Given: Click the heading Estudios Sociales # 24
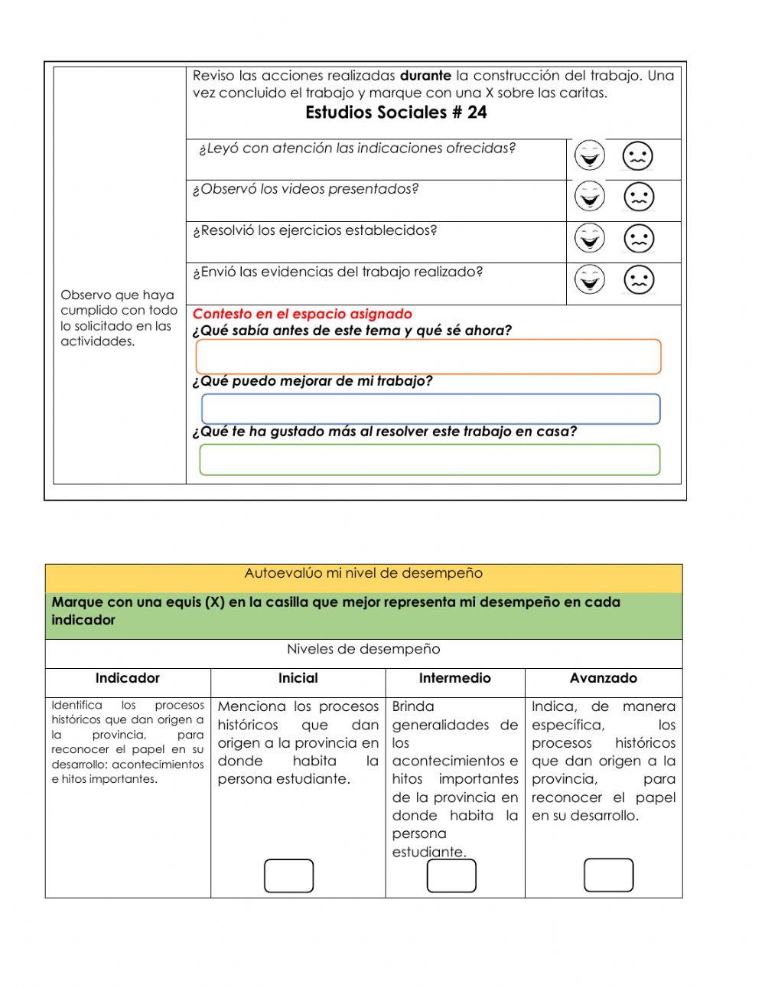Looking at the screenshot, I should pos(396,112).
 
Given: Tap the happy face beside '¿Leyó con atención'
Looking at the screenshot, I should pos(589,155).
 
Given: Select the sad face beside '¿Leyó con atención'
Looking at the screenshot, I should pos(638,156).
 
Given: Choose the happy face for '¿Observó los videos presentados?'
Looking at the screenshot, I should pos(589,197).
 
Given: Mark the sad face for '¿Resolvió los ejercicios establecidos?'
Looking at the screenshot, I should pos(639,239).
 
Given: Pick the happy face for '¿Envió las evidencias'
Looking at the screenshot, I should pos(589,279).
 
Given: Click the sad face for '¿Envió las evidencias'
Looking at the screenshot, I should pos(639,279).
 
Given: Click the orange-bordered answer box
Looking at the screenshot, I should pos(428,357).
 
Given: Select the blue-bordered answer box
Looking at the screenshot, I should pos(431,409).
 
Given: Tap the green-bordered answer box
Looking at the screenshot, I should pos(429,459).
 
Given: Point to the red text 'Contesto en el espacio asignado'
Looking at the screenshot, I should pos(302,314).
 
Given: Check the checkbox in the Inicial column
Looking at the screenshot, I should pos(289,876).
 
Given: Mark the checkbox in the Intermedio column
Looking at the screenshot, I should pos(451,876).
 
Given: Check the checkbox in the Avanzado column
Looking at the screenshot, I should pos(608,875).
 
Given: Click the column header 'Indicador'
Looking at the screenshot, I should pos(128,678).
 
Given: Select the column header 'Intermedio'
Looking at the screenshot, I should pos(454,678).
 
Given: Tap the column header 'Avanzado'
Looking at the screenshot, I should pos(603,678).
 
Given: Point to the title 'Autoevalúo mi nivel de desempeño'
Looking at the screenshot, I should pos(363,573).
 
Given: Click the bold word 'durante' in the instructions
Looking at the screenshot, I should pos(425,76).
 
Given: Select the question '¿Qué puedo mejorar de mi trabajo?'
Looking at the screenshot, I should pos(312,381).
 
